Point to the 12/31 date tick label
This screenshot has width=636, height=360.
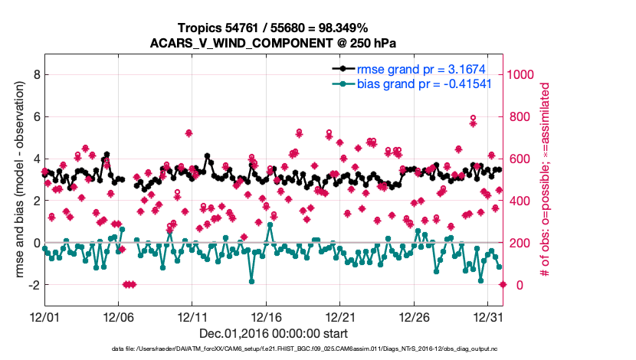(x=488, y=316)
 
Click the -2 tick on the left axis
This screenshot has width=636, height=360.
(x=32, y=285)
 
